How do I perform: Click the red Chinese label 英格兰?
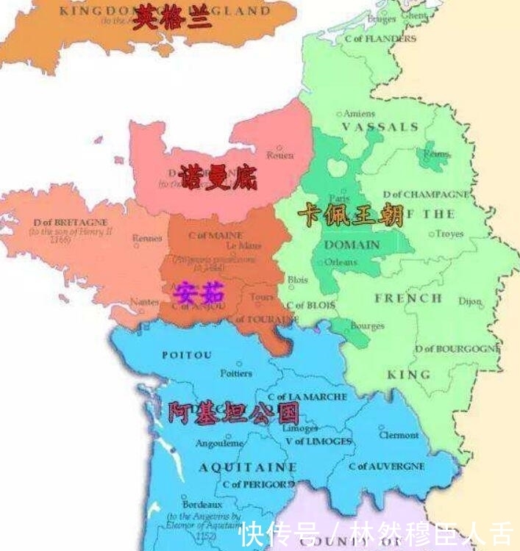(172, 18)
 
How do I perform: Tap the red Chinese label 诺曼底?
(218, 177)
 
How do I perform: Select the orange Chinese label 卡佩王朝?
(351, 215)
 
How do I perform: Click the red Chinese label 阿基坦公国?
(233, 414)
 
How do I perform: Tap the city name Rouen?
(280, 155)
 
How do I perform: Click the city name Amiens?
(360, 114)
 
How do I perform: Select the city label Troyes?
(450, 234)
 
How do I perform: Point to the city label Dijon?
(471, 301)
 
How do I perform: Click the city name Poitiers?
(236, 373)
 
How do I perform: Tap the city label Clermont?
(399, 435)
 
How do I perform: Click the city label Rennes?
(147, 237)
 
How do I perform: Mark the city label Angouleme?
(219, 444)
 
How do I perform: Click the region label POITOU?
(187, 355)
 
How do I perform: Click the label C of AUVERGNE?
(387, 467)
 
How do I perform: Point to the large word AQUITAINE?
(248, 467)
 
